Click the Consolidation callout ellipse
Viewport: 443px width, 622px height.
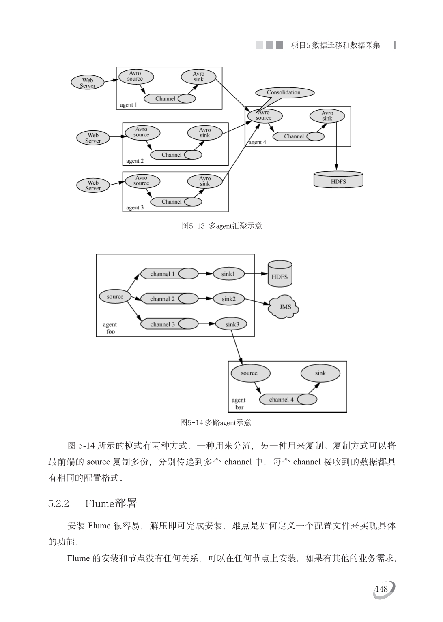click(284, 93)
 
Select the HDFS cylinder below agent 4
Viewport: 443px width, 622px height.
click(338, 180)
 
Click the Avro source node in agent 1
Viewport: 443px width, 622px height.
click(135, 76)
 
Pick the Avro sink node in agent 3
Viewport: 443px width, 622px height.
click(205, 181)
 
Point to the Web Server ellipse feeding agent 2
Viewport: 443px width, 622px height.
click(93, 138)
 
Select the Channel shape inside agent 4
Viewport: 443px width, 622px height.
click(298, 136)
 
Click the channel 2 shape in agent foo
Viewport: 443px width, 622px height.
click(168, 299)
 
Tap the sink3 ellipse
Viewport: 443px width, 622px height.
click(232, 324)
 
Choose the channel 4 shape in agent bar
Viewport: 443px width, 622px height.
click(287, 400)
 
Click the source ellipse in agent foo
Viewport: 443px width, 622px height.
click(115, 297)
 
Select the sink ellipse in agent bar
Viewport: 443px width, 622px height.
click(320, 373)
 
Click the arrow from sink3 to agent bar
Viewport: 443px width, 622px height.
click(237, 346)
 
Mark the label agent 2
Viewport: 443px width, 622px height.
click(135, 161)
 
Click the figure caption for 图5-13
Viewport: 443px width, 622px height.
click(221, 226)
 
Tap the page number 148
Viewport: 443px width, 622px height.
click(382, 589)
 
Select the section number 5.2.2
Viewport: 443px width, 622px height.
click(59, 504)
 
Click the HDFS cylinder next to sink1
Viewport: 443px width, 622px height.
click(280, 274)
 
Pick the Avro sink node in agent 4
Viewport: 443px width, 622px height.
click(327, 116)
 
